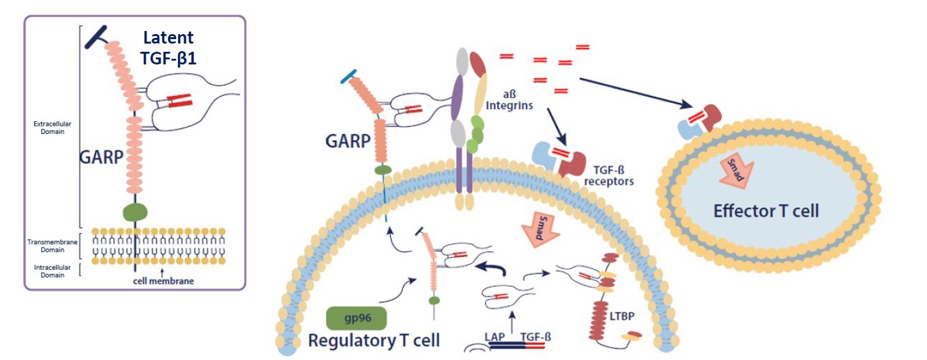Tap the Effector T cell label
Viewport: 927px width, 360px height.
(766, 210)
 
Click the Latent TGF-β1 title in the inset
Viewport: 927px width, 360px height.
(168, 47)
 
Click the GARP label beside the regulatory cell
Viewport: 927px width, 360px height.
(347, 141)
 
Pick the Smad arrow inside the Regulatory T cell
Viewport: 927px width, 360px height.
(538, 227)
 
